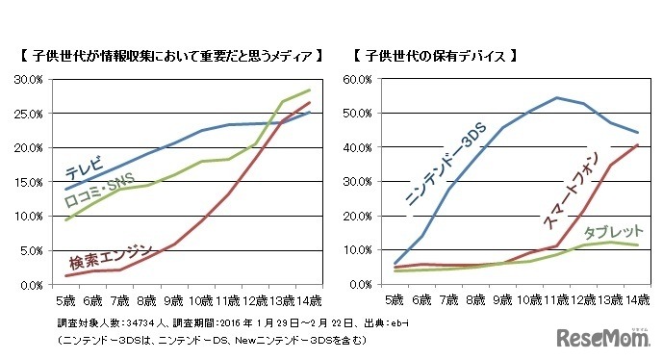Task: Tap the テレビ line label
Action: coord(85,169)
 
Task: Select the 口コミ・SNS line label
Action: coord(99,191)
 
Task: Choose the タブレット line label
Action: coord(611,232)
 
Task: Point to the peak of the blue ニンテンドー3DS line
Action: coord(556,97)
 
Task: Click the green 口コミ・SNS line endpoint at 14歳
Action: coord(310,90)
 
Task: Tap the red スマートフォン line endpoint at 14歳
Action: coord(637,145)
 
